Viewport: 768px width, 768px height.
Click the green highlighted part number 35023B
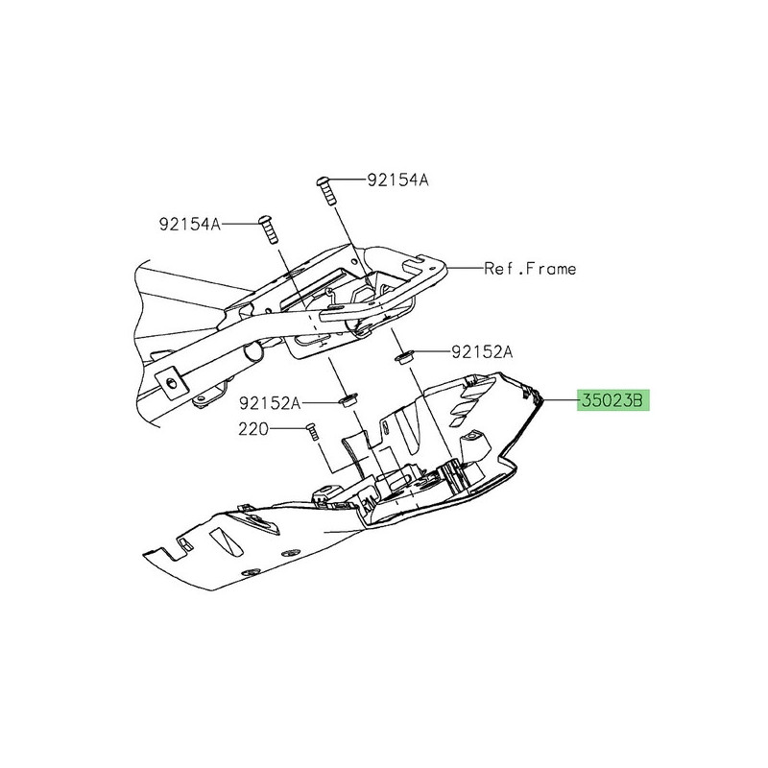(612, 400)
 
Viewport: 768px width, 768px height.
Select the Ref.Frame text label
(530, 269)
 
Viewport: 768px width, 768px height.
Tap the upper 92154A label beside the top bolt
(396, 180)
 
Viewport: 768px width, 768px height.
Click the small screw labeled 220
(312, 434)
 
